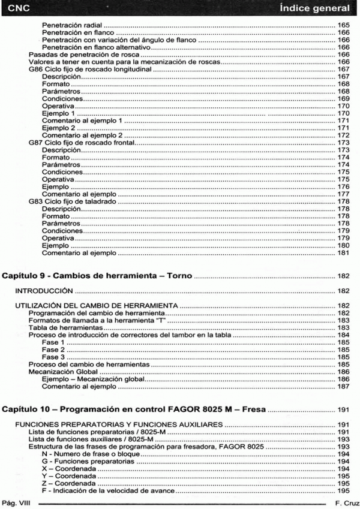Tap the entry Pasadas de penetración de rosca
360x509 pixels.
click(81, 55)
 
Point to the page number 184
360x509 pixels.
click(343, 335)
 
